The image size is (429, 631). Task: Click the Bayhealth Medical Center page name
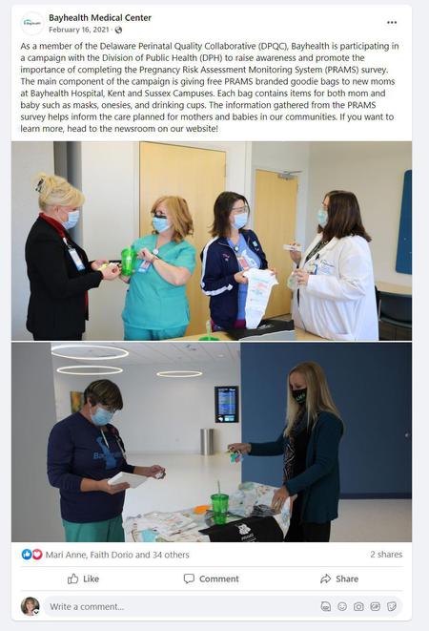(x=100, y=18)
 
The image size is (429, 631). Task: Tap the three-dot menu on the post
(x=392, y=23)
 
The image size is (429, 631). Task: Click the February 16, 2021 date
(x=79, y=30)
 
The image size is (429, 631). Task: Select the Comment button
(x=211, y=578)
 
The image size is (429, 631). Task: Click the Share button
(x=339, y=578)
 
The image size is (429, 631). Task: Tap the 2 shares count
(x=386, y=554)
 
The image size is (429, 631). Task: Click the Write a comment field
(x=181, y=606)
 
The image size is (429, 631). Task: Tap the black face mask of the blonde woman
(x=299, y=395)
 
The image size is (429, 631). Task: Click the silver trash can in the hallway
(x=207, y=441)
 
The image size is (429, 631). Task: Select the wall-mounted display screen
(x=226, y=404)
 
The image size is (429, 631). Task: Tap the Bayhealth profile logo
(x=31, y=23)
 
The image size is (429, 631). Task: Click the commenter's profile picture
(x=30, y=606)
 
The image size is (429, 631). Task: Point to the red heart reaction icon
(x=37, y=555)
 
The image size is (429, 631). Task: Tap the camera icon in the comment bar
(x=358, y=606)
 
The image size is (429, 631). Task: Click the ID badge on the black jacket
(x=76, y=259)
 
